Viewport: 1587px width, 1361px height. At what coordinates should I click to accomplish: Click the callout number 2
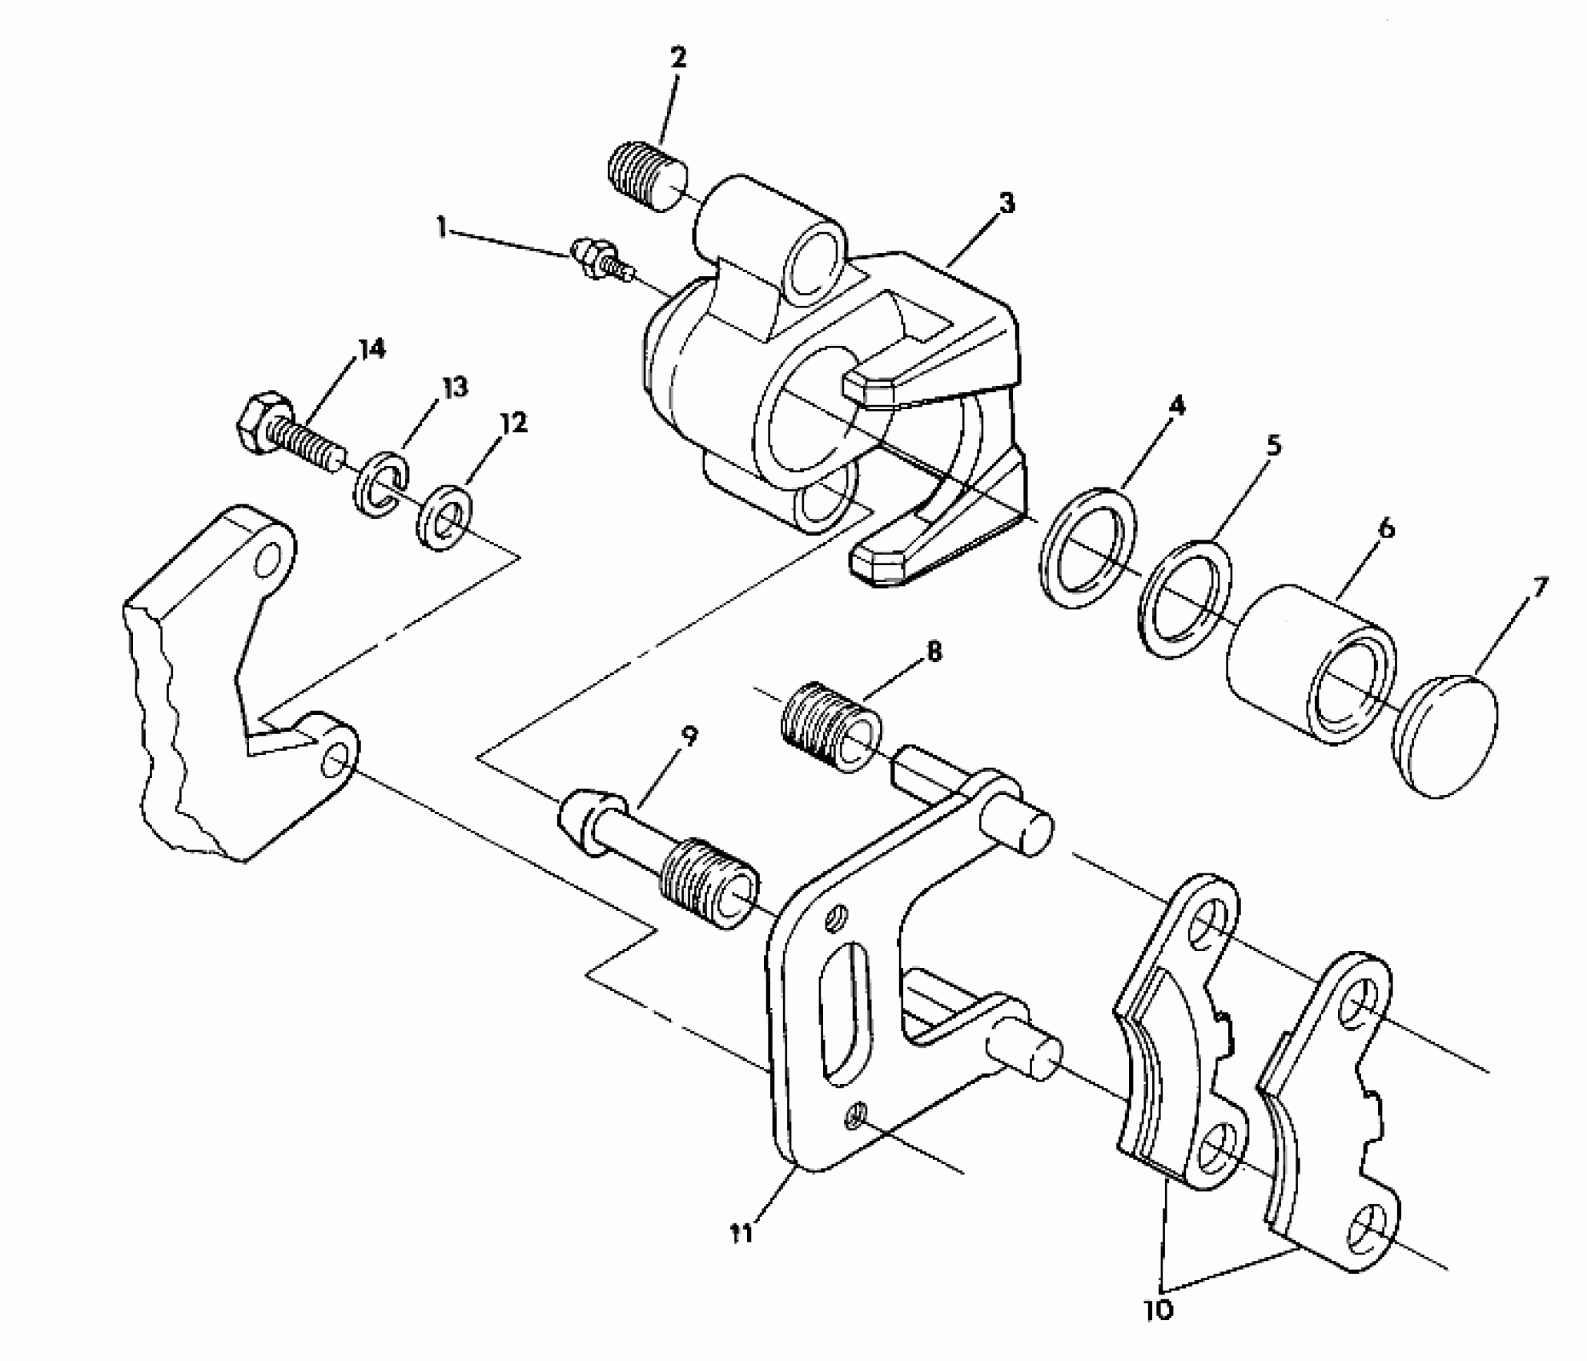pos(677,58)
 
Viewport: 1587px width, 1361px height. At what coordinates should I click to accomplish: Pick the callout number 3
pos(1007,203)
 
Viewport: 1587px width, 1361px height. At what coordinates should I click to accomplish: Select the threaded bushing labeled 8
pos(830,727)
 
